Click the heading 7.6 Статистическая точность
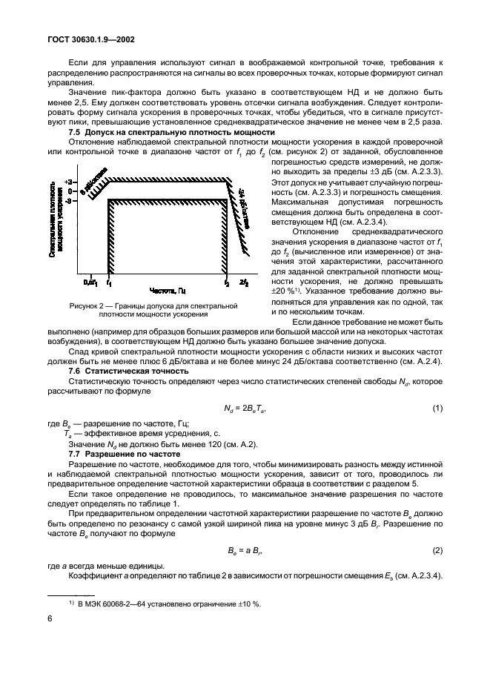coord(128,370)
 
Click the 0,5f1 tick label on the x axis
coord(90,282)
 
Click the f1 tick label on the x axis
coord(109,282)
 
